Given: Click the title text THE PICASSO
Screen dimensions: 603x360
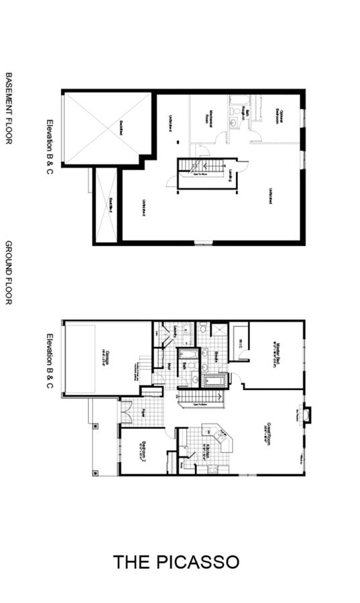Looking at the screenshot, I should tap(176, 561).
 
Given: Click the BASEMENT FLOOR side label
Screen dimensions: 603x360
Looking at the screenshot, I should tap(9, 108).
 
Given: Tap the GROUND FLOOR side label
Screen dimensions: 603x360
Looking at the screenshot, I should tap(9, 273).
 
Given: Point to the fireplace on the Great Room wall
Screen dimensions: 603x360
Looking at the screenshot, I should tap(306, 415).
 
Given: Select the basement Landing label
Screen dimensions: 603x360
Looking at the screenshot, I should tap(229, 174).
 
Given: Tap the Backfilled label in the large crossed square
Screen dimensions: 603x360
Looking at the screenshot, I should tap(121, 127).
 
